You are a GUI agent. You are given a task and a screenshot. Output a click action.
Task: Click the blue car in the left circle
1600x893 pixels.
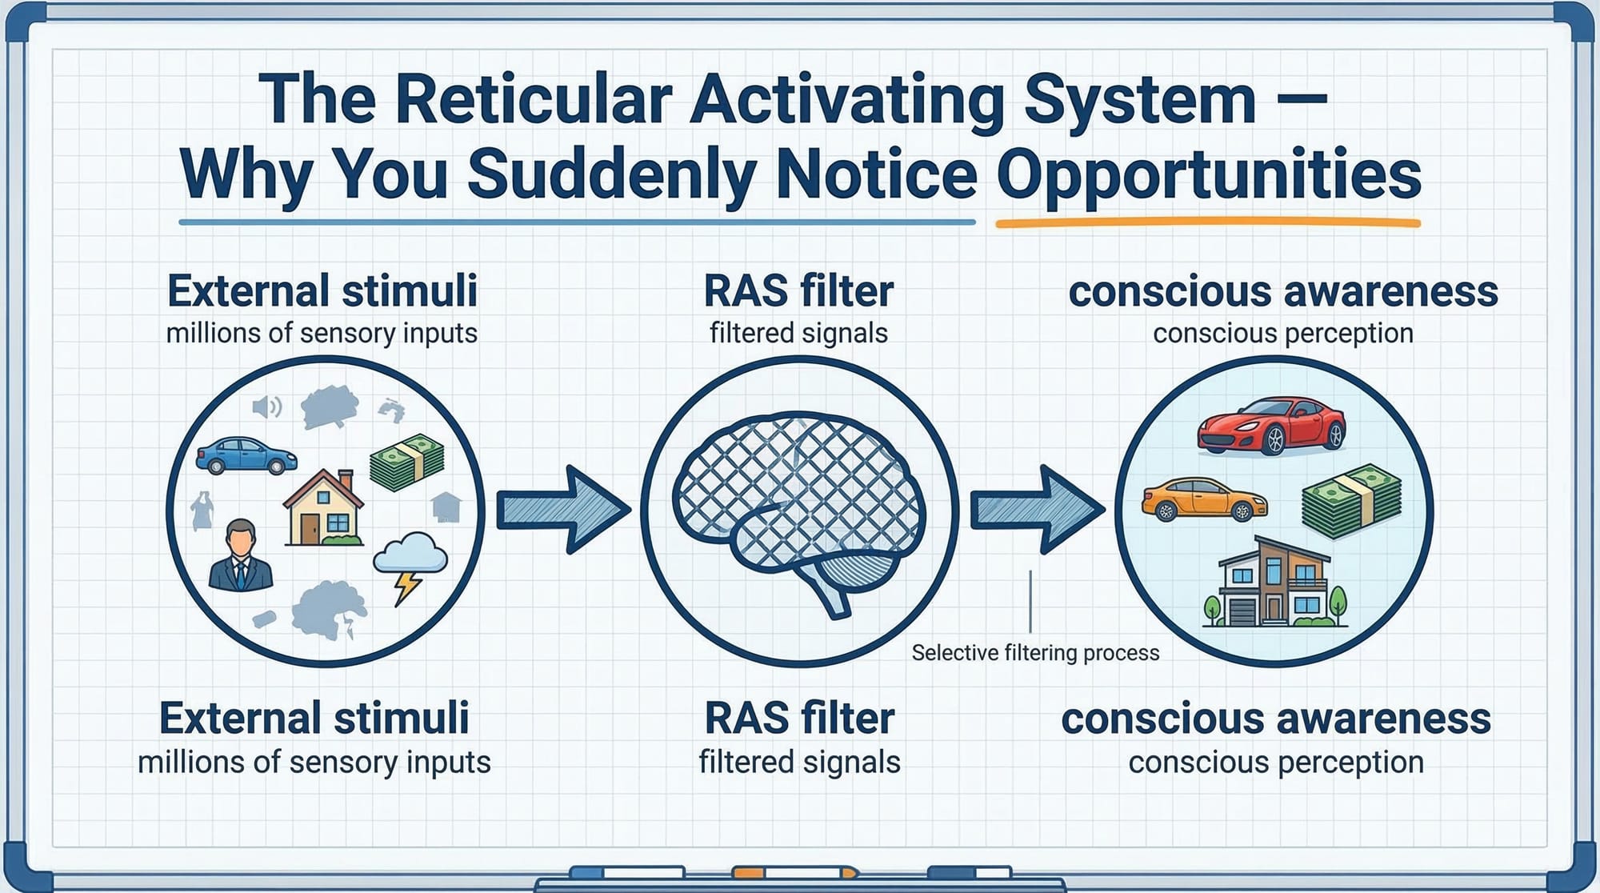tap(246, 456)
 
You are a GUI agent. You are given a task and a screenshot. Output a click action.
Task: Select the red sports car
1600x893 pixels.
tap(1271, 426)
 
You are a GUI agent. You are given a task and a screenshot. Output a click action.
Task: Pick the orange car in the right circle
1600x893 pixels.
tap(1203, 499)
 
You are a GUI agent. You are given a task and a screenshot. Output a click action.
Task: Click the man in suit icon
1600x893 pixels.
tap(240, 556)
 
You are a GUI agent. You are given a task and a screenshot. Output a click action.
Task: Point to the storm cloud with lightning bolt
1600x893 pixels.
tap(410, 564)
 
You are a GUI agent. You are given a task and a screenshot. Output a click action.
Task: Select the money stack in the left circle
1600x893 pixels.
tap(407, 463)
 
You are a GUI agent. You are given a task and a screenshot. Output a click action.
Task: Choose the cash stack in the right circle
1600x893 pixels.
tap(1351, 501)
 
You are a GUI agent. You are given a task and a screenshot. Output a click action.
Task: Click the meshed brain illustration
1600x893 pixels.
tap(798, 504)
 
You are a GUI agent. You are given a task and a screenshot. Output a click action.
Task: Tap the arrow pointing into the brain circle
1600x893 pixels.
tap(563, 510)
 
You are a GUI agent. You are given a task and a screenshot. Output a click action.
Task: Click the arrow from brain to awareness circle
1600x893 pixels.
tap(1037, 510)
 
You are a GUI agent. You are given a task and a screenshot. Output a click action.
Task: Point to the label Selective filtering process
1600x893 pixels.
tap(1035, 653)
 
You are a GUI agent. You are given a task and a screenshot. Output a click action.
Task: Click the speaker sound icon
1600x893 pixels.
tap(266, 407)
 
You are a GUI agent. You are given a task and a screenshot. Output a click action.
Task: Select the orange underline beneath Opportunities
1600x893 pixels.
tap(1207, 223)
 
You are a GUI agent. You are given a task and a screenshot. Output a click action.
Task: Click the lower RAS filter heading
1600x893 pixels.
tap(799, 718)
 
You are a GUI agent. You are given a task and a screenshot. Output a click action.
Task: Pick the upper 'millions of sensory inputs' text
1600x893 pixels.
tap(322, 333)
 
